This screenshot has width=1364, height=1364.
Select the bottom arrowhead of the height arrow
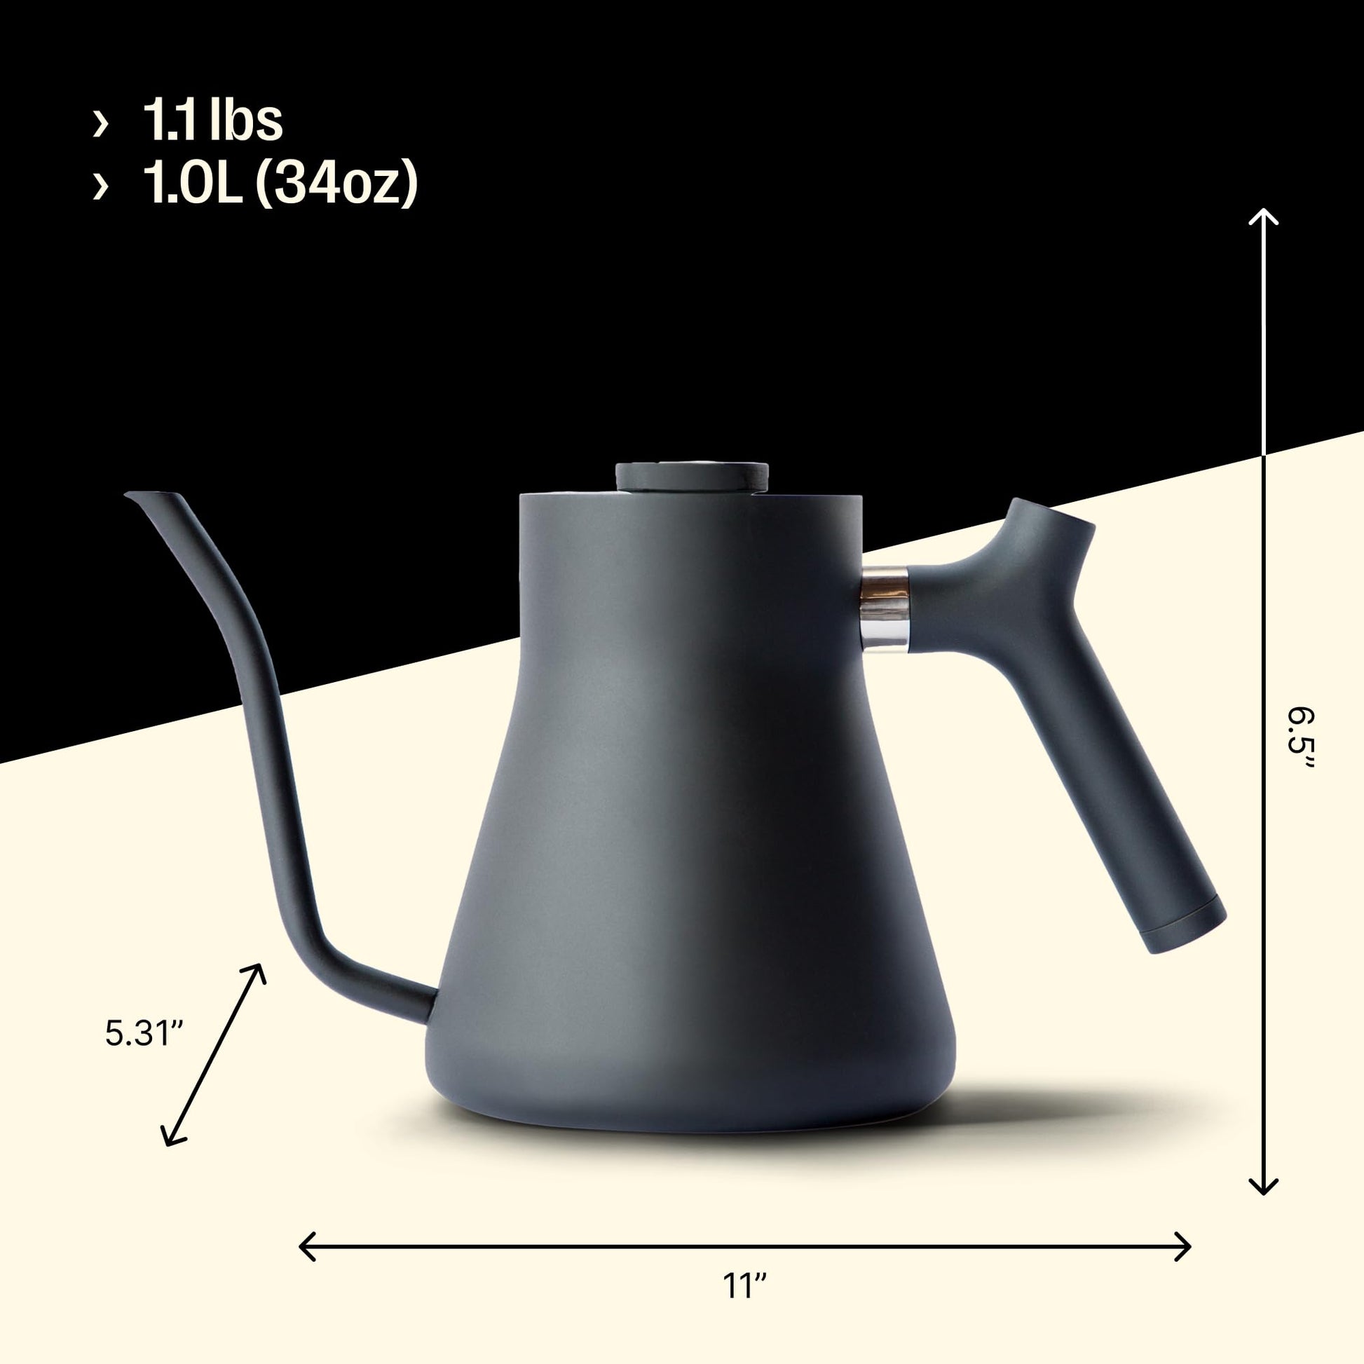pos(1264,1189)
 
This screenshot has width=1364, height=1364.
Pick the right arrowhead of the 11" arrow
pos(1185,1227)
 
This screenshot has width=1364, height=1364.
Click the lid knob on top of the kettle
pos(691,476)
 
